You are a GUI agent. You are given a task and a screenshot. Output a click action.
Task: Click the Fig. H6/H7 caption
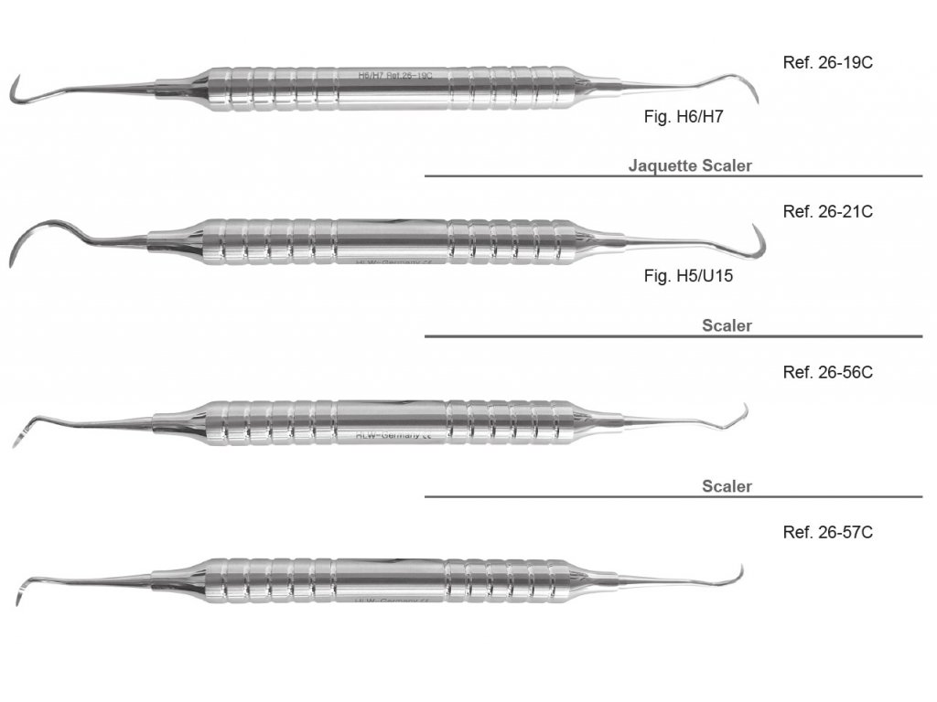(x=684, y=117)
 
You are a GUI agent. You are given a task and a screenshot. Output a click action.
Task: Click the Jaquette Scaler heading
(x=690, y=165)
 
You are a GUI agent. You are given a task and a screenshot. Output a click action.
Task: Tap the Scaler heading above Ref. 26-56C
(x=727, y=325)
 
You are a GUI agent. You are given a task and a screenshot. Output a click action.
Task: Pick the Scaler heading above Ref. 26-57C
(x=727, y=486)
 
